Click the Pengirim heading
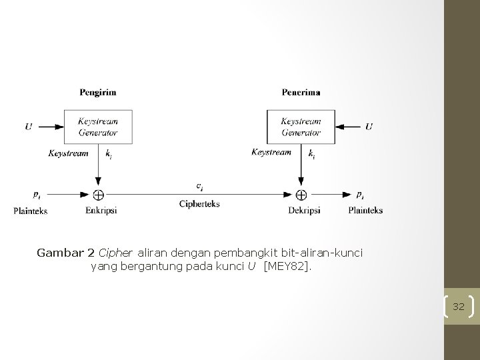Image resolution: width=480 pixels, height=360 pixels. (x=98, y=92)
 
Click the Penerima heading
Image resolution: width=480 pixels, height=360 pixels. (x=301, y=92)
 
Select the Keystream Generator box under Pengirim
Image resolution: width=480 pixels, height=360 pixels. (x=98, y=127)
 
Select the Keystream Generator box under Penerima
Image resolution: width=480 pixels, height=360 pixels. (x=301, y=127)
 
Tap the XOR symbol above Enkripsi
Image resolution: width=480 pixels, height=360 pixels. (x=98, y=195)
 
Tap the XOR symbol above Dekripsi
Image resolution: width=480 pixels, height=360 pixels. (x=301, y=195)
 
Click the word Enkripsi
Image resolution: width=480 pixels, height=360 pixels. (x=101, y=210)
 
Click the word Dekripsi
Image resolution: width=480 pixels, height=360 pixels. (x=304, y=210)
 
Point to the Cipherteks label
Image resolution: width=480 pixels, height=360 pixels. (x=199, y=203)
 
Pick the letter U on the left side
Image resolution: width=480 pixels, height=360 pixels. (x=28, y=127)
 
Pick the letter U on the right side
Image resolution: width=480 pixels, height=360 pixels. (x=369, y=127)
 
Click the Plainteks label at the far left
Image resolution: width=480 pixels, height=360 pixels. (x=31, y=211)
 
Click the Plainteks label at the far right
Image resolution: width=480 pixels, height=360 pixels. (x=365, y=210)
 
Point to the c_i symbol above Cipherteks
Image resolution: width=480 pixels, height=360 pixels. (x=200, y=186)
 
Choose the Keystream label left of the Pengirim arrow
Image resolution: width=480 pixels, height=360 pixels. (x=69, y=153)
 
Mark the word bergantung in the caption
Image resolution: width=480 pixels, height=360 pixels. (x=143, y=267)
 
